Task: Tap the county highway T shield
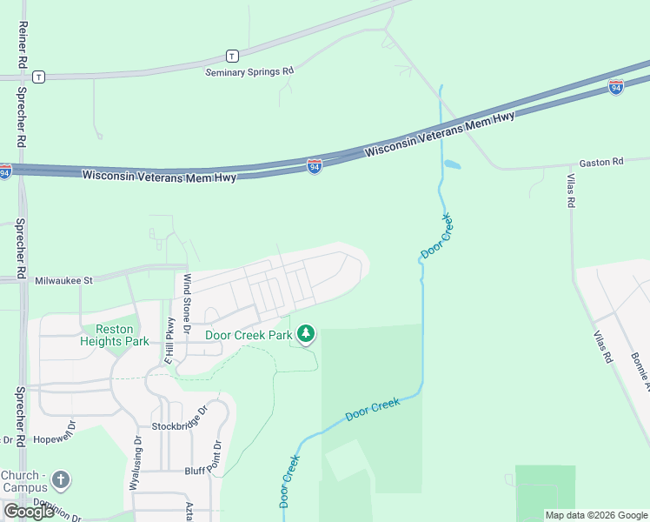[x=232, y=55]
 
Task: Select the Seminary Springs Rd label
[x=249, y=72]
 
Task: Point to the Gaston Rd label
[x=601, y=163]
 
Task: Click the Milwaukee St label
[x=63, y=280]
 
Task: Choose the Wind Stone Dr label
[x=187, y=297]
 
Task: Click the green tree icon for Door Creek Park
[x=305, y=333]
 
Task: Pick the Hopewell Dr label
[x=54, y=439]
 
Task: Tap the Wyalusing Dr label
[x=136, y=465]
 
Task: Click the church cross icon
[x=60, y=479]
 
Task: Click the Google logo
[x=29, y=512]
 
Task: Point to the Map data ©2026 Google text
[x=596, y=515]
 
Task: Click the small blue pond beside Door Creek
[x=452, y=164]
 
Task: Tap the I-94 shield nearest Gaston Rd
[x=615, y=87]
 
